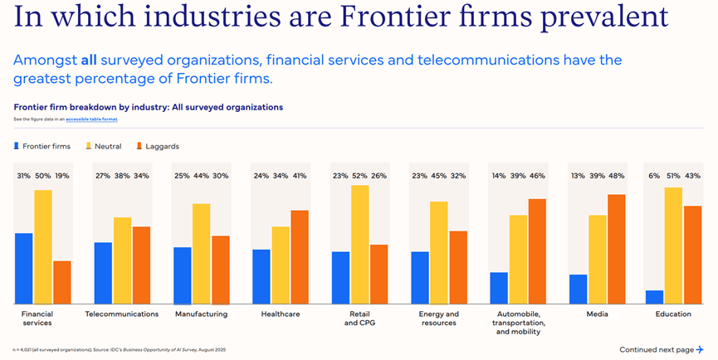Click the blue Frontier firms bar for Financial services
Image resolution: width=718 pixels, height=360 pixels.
24,268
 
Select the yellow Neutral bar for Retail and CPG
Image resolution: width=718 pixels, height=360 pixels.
359,244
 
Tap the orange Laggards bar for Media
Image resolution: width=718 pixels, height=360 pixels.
616,249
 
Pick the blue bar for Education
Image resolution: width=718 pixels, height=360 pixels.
654,297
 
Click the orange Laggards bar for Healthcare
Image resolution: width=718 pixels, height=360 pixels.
300,256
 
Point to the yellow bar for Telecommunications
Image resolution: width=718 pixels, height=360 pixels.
122,260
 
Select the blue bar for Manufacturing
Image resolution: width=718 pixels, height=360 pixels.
182,275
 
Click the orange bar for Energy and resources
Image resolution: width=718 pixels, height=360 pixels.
458,267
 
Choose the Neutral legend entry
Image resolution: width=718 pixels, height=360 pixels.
103,146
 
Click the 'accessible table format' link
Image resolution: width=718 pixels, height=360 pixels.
91,119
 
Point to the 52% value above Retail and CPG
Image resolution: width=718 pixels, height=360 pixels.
359,176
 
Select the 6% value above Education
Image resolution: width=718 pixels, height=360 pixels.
655,176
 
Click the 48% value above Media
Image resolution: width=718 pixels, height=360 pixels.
617,176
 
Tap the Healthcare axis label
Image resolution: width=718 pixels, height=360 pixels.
281,314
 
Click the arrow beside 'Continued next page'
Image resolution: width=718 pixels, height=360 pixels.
700,349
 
